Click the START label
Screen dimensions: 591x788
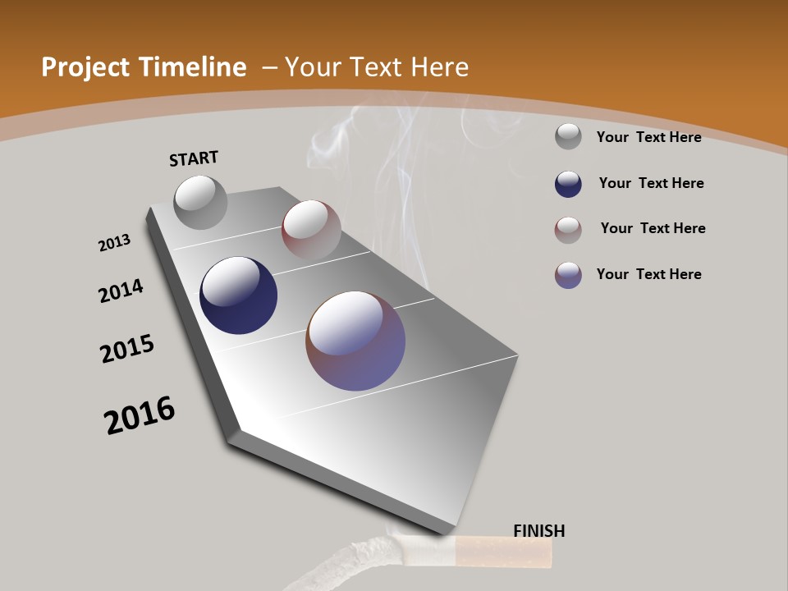194,158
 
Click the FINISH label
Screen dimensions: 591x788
538,531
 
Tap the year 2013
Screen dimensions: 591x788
114,243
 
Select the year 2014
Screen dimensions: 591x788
121,291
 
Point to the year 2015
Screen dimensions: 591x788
127,349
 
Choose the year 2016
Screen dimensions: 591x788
140,415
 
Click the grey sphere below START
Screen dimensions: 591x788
200,202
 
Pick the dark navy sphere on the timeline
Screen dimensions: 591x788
238,295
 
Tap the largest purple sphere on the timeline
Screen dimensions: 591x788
355,341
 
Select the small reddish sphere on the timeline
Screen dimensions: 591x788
311,230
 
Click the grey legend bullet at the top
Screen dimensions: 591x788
568,136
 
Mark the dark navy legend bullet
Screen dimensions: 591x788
568,184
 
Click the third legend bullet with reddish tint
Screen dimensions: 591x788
568,230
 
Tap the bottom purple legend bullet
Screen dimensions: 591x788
568,275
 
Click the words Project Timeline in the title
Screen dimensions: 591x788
144,67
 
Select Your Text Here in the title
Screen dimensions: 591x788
377,67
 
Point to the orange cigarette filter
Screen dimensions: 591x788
503,551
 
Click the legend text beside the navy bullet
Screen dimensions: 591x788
651,183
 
